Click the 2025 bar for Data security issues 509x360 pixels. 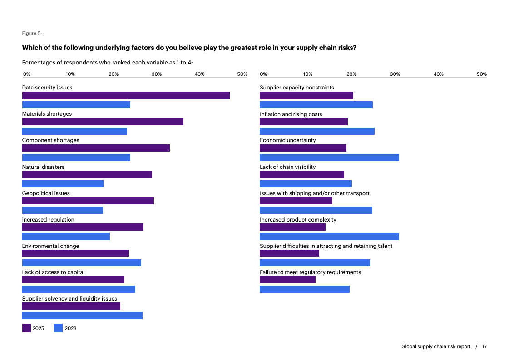click(126, 95)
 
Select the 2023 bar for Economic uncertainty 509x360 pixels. click(329, 158)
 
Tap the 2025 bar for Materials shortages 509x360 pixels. click(103, 122)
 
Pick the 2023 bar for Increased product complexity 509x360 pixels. click(329, 237)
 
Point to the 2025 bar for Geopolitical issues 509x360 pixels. click(88, 201)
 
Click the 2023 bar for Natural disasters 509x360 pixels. click(63, 184)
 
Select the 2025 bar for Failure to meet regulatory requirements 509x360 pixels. click(287, 280)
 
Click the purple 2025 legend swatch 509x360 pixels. click(26, 328)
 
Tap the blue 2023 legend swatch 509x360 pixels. click(58, 328)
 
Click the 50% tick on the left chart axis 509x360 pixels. click(242, 74)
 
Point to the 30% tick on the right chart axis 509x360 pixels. click(395, 74)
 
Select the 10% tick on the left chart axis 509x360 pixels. click(70, 74)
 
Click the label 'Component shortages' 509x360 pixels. click(50, 140)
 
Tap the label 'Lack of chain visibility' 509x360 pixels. click(287, 167)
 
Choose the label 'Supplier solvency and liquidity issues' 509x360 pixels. click(69, 299)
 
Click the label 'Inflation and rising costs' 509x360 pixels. click(291, 114)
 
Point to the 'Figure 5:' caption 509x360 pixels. click(32, 33)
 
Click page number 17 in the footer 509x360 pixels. click(484, 346)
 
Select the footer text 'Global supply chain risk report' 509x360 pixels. click(436, 346)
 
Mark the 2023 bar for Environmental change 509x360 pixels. click(82, 263)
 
